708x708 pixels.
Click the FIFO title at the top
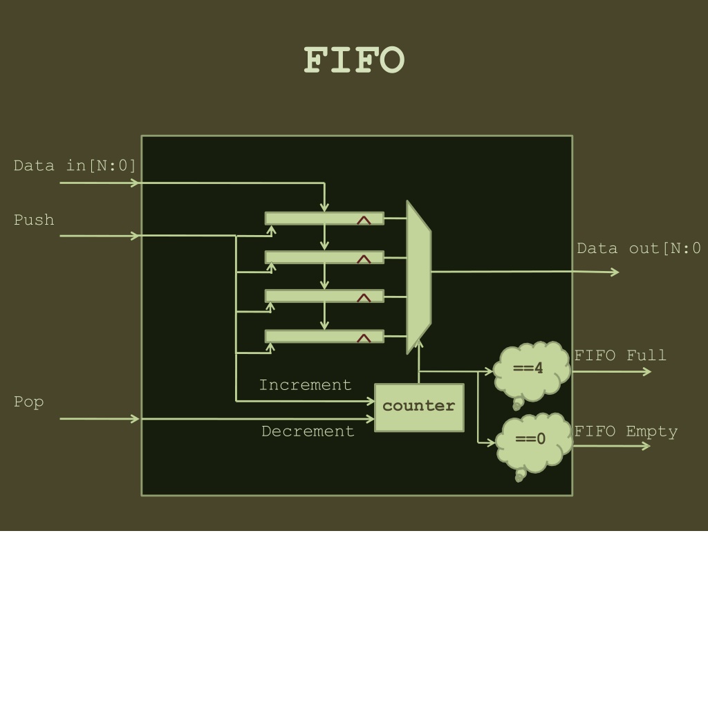(354, 59)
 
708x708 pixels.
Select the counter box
(419, 408)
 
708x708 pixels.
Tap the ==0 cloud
(534, 445)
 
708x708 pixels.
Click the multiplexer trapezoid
(419, 277)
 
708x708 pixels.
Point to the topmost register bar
(324, 218)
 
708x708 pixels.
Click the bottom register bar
(324, 337)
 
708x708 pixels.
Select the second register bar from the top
(324, 257)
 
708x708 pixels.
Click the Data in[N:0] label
(75, 166)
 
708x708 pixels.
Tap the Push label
(34, 220)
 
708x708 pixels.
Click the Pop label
(28, 402)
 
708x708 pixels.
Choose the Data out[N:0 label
(639, 248)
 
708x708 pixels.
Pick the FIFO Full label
(620, 355)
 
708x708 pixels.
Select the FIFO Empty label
(626, 431)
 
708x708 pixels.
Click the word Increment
(305, 385)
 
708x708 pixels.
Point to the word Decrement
(308, 431)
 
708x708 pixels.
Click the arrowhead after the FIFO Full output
(647, 371)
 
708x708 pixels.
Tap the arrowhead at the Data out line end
(615, 272)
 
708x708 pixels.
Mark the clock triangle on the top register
(364, 221)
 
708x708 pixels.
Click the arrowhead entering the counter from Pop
(370, 419)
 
